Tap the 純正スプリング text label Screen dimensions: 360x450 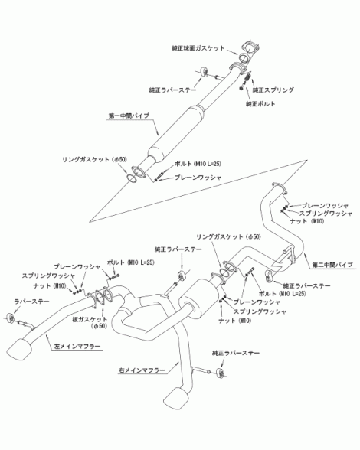[273, 90]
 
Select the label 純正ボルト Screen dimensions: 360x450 [260, 103]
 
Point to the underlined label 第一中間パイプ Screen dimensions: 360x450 [129, 116]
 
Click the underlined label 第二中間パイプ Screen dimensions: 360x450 [332, 265]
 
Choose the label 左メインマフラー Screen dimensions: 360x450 [77, 347]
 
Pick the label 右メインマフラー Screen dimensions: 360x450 [142, 370]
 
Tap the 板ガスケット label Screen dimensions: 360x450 [90, 319]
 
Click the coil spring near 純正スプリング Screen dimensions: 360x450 [247, 79]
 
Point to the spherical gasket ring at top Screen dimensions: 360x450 [244, 57]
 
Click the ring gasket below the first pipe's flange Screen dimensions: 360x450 [132, 178]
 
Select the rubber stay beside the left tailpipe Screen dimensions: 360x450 [11, 318]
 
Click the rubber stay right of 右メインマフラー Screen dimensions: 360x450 [221, 373]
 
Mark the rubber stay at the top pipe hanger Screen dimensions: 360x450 [205, 72]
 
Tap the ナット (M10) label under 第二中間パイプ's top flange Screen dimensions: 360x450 [307, 221]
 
